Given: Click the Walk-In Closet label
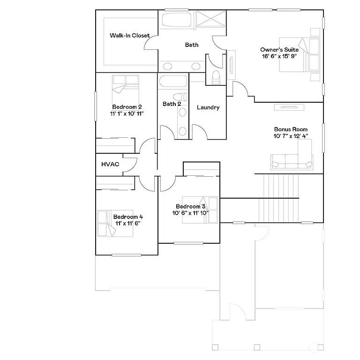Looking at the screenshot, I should pyautogui.click(x=130, y=36).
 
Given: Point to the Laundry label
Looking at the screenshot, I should pyautogui.click(x=208, y=108).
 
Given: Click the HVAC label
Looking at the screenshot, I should pyautogui.click(x=110, y=165).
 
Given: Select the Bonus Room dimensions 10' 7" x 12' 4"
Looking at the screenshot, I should pyautogui.click(x=291, y=136).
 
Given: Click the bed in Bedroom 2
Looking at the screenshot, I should pyautogui.click(x=125, y=84).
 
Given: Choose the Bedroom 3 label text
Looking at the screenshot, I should pyautogui.click(x=190, y=207).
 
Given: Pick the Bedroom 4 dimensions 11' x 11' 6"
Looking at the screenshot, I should pyautogui.click(x=127, y=224).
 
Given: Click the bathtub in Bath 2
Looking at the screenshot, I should pyautogui.click(x=173, y=82).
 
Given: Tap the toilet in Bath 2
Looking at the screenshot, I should pyautogui.click(x=183, y=98).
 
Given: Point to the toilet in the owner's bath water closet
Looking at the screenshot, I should pyautogui.click(x=216, y=77).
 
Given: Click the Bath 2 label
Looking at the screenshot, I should pyautogui.click(x=172, y=104).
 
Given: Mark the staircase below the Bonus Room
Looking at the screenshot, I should pyautogui.click(x=281, y=197).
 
